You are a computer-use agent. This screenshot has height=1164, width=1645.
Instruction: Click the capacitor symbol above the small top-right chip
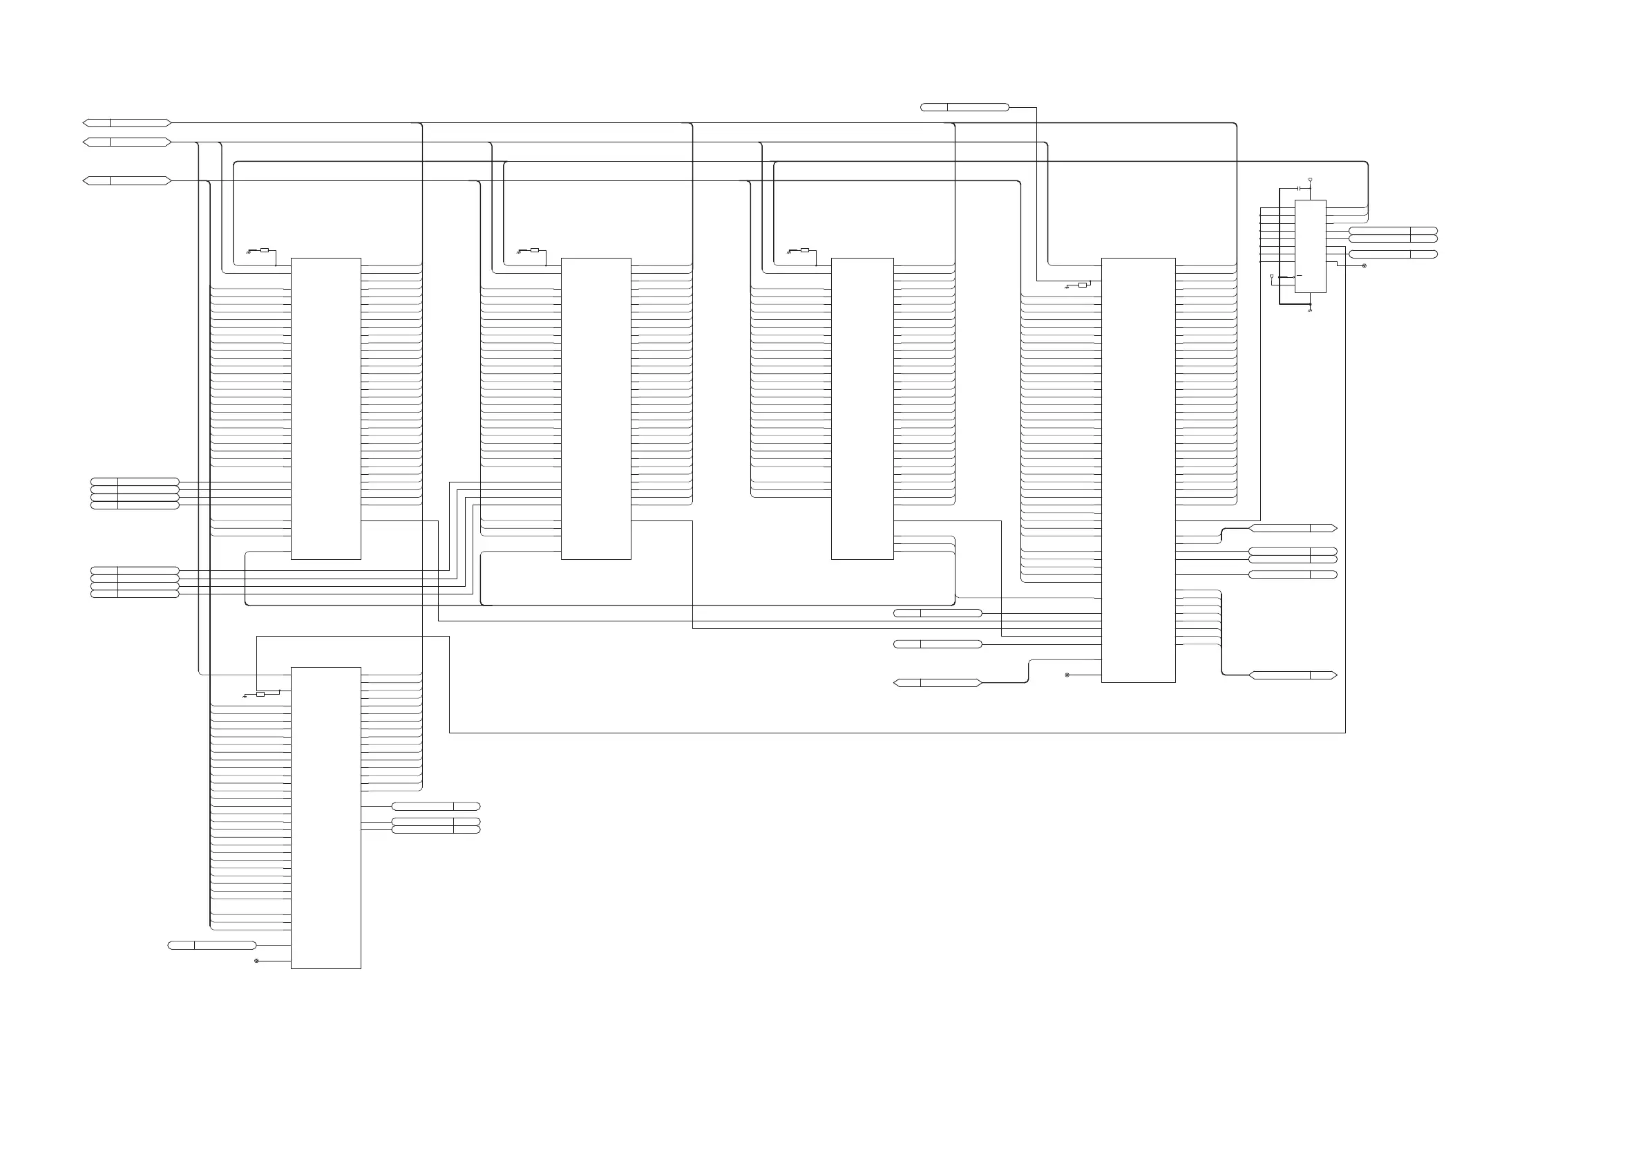pyautogui.click(x=1299, y=188)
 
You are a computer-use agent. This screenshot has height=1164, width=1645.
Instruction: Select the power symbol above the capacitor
pyautogui.click(x=1310, y=179)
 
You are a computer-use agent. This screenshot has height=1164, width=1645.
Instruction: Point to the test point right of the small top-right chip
pyautogui.click(x=1364, y=266)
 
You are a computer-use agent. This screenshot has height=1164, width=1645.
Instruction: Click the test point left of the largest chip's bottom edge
pyautogui.click(x=1067, y=675)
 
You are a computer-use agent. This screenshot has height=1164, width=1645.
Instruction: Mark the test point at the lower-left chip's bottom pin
pyautogui.click(x=256, y=961)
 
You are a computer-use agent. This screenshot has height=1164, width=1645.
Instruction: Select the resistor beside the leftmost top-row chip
pyautogui.click(x=265, y=250)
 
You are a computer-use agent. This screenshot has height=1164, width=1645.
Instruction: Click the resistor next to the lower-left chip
pyautogui.click(x=260, y=694)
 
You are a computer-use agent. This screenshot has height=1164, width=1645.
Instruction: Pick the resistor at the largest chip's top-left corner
pyautogui.click(x=1082, y=285)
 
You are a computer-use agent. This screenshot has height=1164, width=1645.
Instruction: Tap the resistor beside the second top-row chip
pyautogui.click(x=535, y=250)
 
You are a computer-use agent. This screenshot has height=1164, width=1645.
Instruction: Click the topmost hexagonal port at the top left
pyautogui.click(x=127, y=123)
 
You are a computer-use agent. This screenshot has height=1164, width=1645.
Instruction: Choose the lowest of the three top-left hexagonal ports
pyautogui.click(x=127, y=181)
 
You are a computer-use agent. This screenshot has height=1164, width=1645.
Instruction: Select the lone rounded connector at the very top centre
pyautogui.click(x=964, y=108)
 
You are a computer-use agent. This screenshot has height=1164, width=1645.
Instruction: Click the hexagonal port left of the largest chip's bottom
pyautogui.click(x=937, y=683)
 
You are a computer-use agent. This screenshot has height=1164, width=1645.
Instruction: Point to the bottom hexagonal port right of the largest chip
pyautogui.click(x=1293, y=675)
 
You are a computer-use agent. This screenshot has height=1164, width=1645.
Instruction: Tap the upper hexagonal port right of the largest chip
pyautogui.click(x=1293, y=528)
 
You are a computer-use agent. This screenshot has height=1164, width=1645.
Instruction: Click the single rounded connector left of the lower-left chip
pyautogui.click(x=211, y=946)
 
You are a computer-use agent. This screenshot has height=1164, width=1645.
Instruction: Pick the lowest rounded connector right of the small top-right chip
pyautogui.click(x=1393, y=254)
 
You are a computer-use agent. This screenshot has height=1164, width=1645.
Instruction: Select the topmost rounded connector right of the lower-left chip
pyautogui.click(x=436, y=807)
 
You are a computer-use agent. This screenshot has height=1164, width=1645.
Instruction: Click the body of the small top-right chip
pyautogui.click(x=1310, y=246)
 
